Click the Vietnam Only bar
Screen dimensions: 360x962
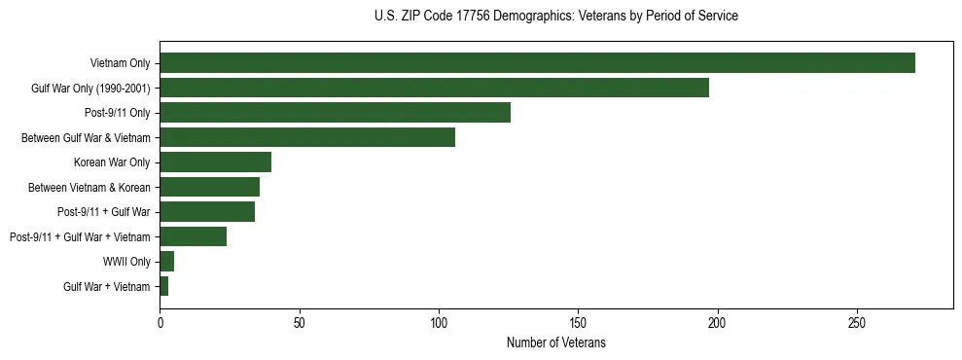537,63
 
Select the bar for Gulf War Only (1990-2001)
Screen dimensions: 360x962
434,88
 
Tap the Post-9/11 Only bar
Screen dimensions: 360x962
335,113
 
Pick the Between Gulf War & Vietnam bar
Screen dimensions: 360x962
307,137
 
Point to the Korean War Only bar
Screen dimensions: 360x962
215,162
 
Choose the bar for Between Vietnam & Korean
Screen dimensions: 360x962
209,187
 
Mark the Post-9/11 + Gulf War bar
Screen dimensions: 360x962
207,212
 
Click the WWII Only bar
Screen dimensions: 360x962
166,262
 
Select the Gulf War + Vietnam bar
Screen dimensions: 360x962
163,286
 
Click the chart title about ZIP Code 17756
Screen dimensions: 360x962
555,16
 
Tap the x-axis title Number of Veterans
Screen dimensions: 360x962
555,343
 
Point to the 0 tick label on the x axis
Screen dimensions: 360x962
160,322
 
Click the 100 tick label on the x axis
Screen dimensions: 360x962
439,322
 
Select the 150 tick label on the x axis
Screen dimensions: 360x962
578,322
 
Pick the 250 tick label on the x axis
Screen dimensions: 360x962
857,322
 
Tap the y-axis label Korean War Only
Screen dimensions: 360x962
112,162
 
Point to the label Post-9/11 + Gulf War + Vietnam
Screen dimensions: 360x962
80,236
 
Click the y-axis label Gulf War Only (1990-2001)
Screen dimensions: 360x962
90,88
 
